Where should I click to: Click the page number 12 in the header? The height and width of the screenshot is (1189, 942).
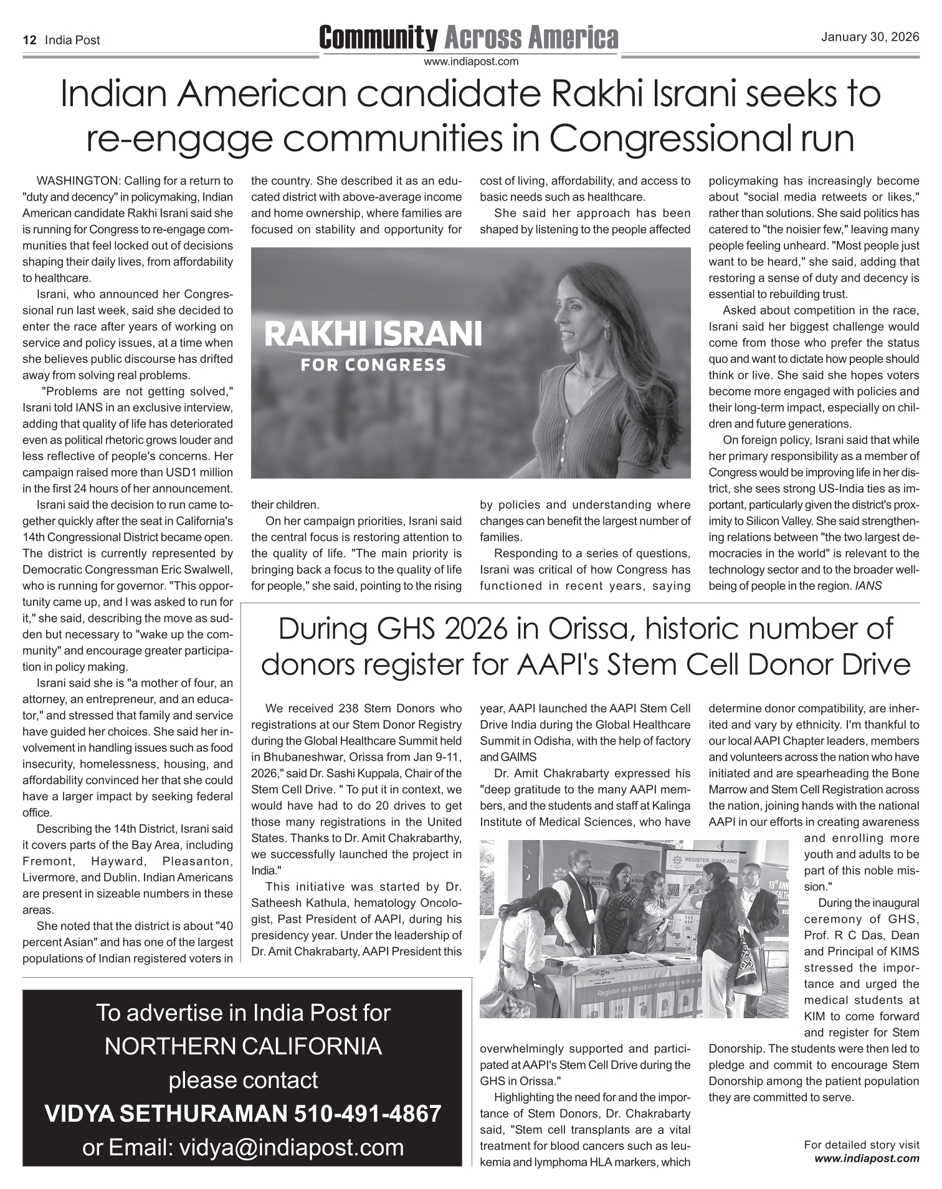[29, 41]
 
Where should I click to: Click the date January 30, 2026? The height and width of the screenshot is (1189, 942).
[870, 37]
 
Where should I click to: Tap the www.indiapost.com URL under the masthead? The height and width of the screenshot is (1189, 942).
[471, 62]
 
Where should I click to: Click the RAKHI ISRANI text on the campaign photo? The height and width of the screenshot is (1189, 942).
[373, 335]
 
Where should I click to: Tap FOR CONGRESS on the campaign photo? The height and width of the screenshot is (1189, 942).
[373, 365]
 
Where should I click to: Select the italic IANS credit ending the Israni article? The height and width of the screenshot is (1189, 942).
[868, 586]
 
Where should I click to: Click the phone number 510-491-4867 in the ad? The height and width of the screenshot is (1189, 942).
[368, 1113]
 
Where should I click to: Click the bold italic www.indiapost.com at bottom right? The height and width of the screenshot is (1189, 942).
[867, 1158]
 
